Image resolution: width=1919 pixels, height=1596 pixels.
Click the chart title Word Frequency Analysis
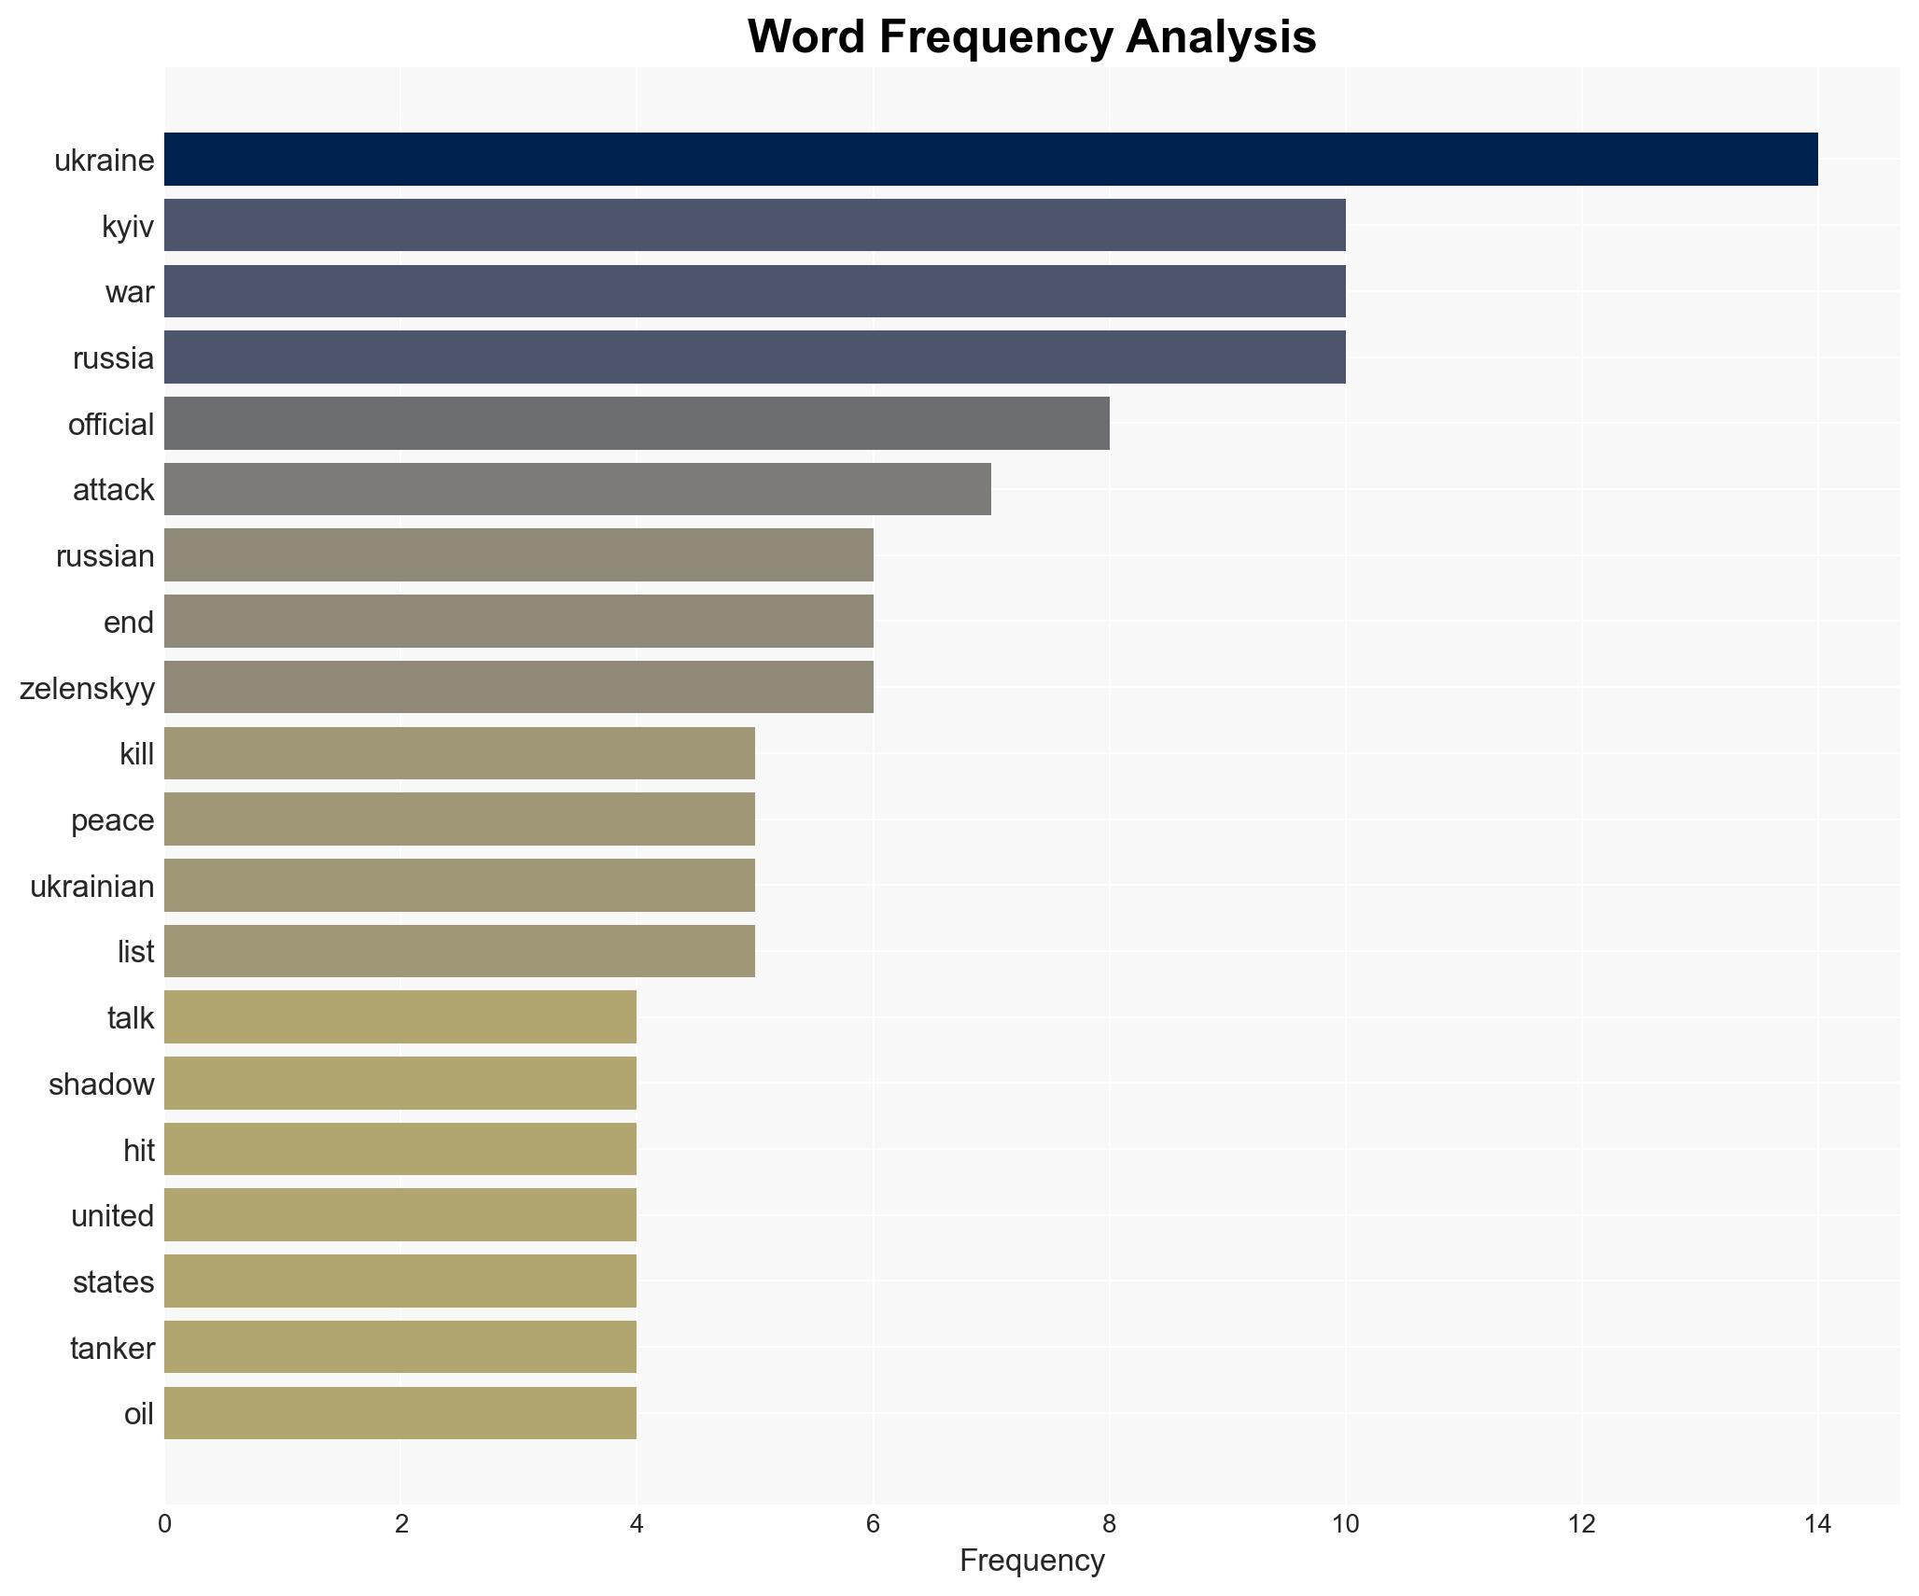click(1031, 37)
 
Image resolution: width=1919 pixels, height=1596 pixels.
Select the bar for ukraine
click(990, 160)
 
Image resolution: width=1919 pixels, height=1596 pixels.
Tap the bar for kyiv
click(754, 225)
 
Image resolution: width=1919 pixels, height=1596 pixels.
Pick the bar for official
click(637, 424)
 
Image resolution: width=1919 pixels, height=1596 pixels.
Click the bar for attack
click(577, 489)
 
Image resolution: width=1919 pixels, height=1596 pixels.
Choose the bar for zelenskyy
click(518, 688)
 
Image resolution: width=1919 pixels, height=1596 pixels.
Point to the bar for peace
click(459, 819)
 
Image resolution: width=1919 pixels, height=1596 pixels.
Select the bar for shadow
click(400, 1084)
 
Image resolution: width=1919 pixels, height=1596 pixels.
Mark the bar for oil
click(400, 1413)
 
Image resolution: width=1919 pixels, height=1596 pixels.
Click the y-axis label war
click(129, 292)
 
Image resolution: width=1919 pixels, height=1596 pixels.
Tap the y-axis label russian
click(105, 556)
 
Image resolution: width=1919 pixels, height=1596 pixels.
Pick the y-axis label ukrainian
click(91, 886)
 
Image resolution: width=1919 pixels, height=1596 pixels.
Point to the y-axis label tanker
click(112, 1348)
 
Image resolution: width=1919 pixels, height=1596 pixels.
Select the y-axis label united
click(112, 1215)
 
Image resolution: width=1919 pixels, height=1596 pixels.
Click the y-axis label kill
click(136, 754)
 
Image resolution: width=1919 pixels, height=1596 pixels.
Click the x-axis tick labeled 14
click(1816, 1524)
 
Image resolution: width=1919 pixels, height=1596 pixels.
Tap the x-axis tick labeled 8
click(1109, 1524)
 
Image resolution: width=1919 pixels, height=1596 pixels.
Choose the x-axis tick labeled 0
click(165, 1524)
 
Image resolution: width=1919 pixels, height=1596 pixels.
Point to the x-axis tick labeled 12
click(1581, 1524)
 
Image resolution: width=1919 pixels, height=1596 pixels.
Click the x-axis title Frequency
click(1031, 1561)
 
